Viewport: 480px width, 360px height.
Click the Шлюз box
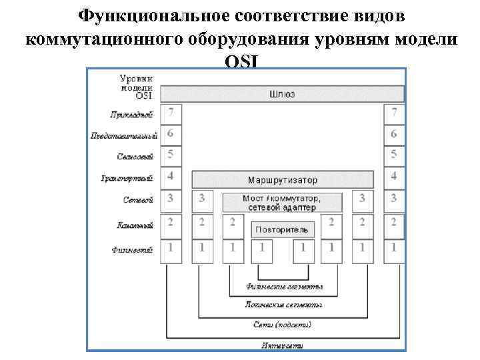point(283,94)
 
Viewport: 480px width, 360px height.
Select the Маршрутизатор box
point(283,180)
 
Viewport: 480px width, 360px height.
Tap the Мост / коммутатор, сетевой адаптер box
point(283,203)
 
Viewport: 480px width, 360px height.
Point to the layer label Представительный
point(124,136)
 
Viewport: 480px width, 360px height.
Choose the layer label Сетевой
point(139,199)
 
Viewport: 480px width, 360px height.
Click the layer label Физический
point(133,250)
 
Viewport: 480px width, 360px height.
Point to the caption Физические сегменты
point(284,287)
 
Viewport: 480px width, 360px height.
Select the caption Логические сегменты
point(284,305)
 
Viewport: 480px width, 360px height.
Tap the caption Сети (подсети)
point(283,325)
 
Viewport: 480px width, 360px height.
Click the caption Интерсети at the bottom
point(283,345)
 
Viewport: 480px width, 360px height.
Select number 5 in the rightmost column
point(394,155)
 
